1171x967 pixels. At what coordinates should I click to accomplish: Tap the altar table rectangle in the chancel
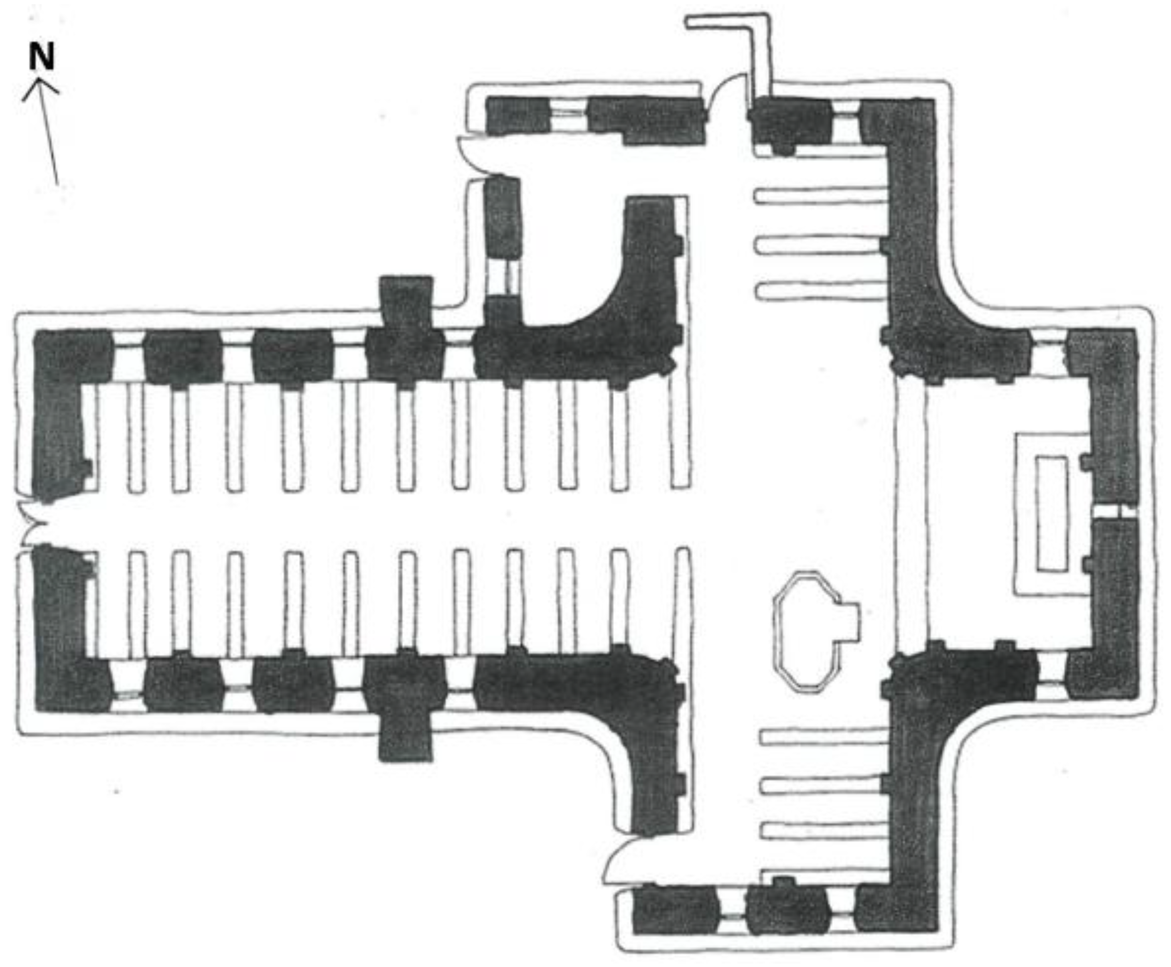(x=1051, y=513)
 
